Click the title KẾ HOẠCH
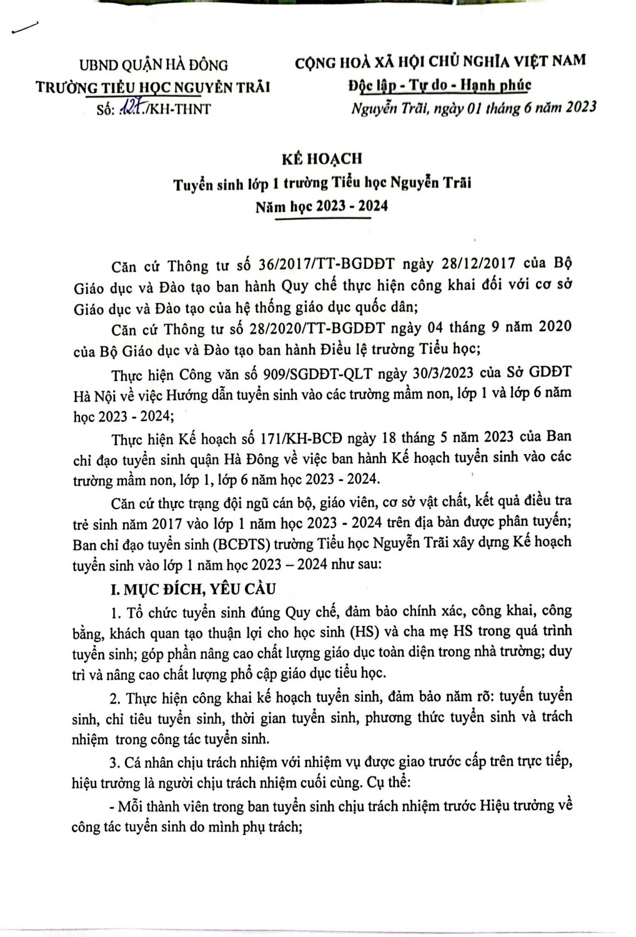click(321, 159)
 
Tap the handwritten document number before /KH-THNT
click(129, 109)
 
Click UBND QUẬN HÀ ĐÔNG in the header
click(154, 64)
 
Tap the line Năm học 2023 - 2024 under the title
click(322, 206)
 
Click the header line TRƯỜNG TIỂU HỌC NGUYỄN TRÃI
click(154, 87)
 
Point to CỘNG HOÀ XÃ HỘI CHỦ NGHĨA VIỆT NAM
click(440, 61)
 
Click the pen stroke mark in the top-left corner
click(23, 28)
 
